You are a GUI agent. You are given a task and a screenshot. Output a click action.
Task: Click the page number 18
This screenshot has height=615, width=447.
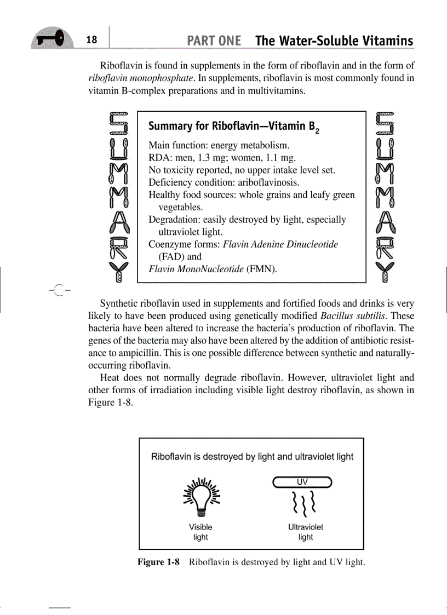point(91,39)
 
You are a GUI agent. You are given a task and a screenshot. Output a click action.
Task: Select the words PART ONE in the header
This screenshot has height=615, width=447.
point(214,41)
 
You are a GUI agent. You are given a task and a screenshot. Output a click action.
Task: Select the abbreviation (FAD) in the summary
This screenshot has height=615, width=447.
point(172,256)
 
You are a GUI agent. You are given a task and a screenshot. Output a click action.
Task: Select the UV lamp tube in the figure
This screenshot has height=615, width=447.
point(302,482)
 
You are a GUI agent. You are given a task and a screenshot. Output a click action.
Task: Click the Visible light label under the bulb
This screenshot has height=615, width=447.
point(200,532)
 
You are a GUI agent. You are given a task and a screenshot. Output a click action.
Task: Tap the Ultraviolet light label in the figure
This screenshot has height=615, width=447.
point(306,532)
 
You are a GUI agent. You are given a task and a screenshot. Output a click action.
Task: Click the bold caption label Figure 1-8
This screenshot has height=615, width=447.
point(158,562)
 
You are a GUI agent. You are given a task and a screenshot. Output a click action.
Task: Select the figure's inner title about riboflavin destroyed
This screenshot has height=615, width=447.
point(252,457)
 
